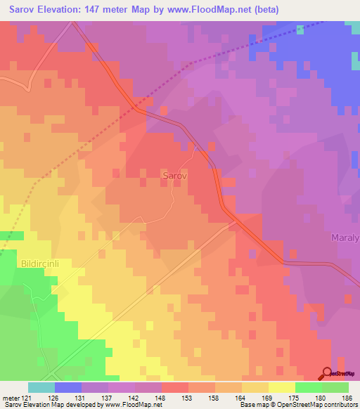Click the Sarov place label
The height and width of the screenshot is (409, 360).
pyautogui.click(x=174, y=176)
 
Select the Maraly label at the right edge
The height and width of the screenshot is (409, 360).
pyautogui.click(x=345, y=238)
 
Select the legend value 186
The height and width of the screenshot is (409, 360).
pyautogui.click(x=348, y=398)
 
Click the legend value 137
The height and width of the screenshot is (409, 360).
pyautogui.click(x=109, y=398)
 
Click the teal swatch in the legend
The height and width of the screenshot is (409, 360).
pyautogui.click(x=41, y=387)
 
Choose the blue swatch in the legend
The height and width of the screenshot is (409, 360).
pyautogui.click(x=68, y=387)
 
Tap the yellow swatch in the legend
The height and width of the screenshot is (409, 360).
pyautogui.click(x=281, y=387)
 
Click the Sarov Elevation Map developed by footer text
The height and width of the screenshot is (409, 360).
pyautogui.click(x=60, y=405)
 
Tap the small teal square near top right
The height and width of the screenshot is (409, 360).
pyautogui.click(x=300, y=30)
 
